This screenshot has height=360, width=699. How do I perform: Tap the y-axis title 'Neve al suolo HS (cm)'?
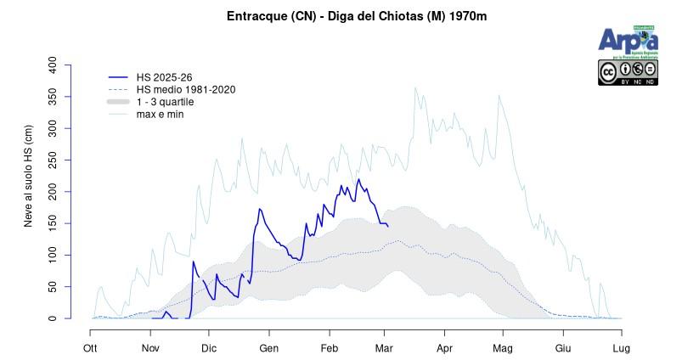(x=29, y=176)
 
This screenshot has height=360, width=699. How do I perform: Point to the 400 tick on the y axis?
(x=53, y=65)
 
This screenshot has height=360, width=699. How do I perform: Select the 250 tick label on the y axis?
(x=53, y=160)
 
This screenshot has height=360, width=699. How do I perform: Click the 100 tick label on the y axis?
(x=53, y=256)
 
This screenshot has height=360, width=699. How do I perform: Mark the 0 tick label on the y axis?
(x=53, y=319)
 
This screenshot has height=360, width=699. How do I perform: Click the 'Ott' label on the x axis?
(x=90, y=348)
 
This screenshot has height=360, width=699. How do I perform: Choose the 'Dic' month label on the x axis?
(x=210, y=348)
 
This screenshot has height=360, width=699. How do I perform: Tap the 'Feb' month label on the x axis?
(x=330, y=348)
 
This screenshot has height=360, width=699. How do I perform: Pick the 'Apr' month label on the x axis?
(x=443, y=348)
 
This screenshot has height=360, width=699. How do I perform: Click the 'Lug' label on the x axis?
(x=621, y=348)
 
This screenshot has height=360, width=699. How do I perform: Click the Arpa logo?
(x=628, y=40)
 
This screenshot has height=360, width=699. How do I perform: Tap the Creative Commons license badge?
(x=628, y=72)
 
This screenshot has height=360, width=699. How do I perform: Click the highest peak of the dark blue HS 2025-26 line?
(x=358, y=179)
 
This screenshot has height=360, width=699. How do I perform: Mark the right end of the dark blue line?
(x=388, y=227)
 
